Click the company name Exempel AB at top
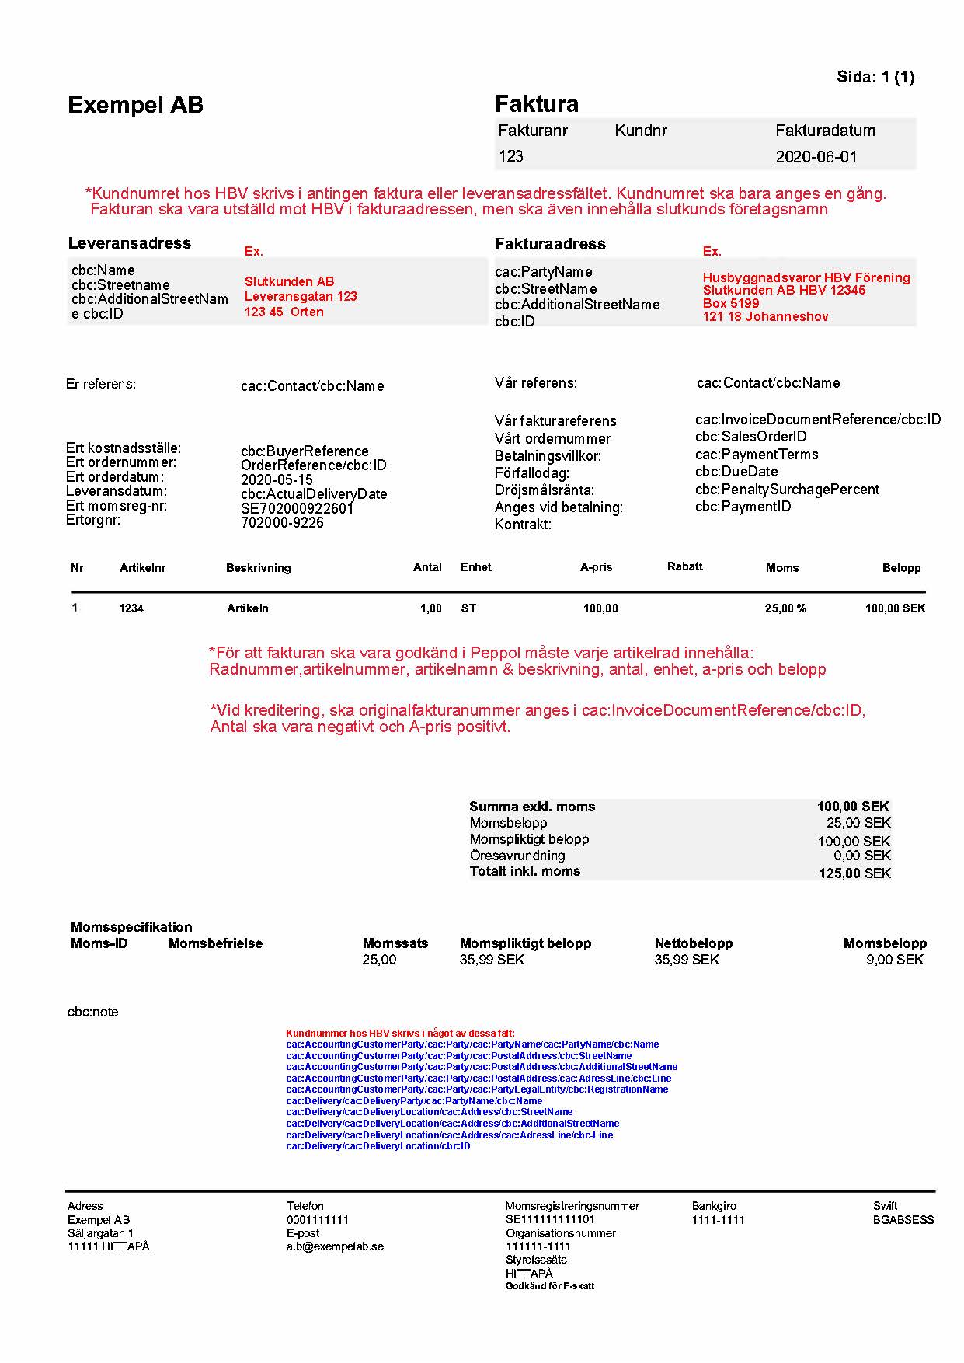coord(135,105)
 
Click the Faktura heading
coord(536,104)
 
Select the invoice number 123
coord(510,156)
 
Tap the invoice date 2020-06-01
coord(816,157)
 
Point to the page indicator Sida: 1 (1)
coord(875,77)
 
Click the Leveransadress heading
coord(129,243)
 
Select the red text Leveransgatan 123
coord(301,296)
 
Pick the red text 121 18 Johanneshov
coord(765,316)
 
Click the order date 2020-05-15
coord(277,479)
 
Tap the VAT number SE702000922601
coord(297,508)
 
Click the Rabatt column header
coord(684,566)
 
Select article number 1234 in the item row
coord(131,608)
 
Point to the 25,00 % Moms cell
coord(785,608)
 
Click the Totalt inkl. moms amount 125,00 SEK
coord(854,873)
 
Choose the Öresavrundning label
coord(517,856)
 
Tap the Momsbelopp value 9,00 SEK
coord(894,960)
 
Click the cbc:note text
coord(93,1012)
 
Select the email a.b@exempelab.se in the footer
coord(335,1246)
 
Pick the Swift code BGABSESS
coord(903,1220)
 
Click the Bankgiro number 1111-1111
coord(718,1220)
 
